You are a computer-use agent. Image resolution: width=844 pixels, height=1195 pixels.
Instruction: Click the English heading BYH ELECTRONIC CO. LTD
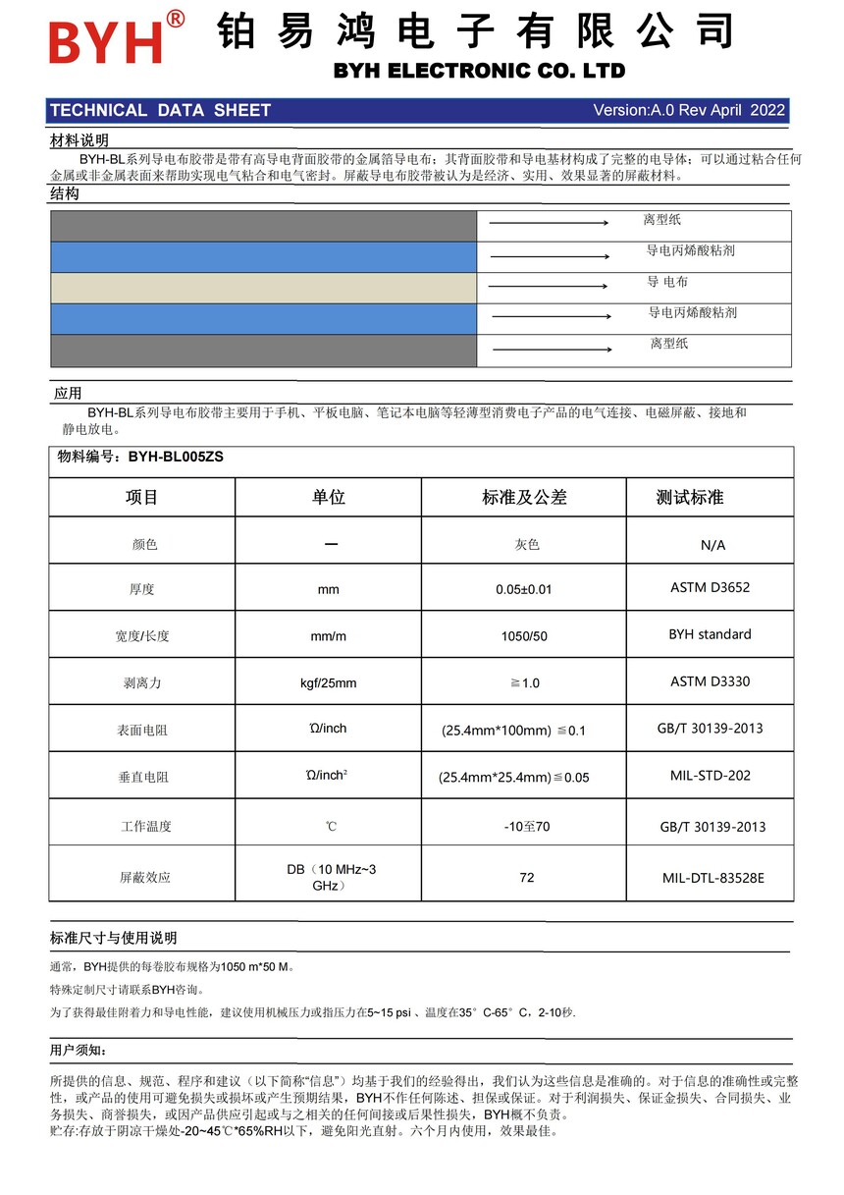[479, 71]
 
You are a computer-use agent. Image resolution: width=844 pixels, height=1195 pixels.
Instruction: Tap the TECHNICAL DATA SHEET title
[160, 110]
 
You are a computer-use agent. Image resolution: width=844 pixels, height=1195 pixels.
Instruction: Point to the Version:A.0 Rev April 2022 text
[689, 110]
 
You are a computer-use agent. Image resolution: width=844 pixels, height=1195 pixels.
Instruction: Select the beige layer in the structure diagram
[263, 288]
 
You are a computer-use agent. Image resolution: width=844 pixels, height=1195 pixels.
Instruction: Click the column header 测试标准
[689, 498]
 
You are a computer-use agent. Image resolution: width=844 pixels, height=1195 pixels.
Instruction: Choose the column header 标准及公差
[524, 498]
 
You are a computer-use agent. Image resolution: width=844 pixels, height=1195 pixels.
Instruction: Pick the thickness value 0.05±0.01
[524, 589]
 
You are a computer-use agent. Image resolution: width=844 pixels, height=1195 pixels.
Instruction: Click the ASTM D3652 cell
[710, 587]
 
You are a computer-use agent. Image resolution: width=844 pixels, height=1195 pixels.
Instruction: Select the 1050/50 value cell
[524, 636]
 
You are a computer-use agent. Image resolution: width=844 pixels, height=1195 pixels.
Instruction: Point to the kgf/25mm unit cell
[328, 682]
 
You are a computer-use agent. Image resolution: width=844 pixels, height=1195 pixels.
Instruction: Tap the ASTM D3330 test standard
[710, 680]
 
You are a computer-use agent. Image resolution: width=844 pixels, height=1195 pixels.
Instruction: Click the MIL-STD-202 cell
[710, 775]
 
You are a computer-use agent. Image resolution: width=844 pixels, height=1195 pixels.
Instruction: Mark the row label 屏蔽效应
[145, 877]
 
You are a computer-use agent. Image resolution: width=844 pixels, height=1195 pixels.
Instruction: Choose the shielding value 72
[527, 877]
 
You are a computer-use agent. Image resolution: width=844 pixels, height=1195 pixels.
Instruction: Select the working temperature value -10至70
[527, 827]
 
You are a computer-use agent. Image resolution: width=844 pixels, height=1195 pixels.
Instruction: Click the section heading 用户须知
[79, 1051]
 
